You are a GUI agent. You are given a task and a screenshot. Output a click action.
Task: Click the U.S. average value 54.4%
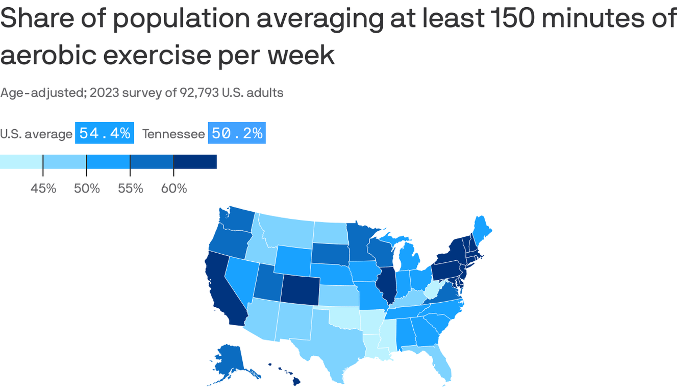pos(105,133)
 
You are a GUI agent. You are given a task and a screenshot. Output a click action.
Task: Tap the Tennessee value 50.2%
pos(237,133)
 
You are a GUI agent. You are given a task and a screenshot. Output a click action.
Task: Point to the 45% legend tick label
pos(43,188)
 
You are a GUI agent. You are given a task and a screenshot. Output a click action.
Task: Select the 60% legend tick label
pos(174,188)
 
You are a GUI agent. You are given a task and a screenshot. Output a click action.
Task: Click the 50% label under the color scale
pos(87,188)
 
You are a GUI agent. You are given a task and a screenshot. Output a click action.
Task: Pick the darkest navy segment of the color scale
pos(195,161)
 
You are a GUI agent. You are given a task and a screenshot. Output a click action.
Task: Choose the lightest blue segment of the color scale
pos(21,161)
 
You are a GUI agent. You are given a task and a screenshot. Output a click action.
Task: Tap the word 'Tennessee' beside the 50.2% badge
pos(173,134)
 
